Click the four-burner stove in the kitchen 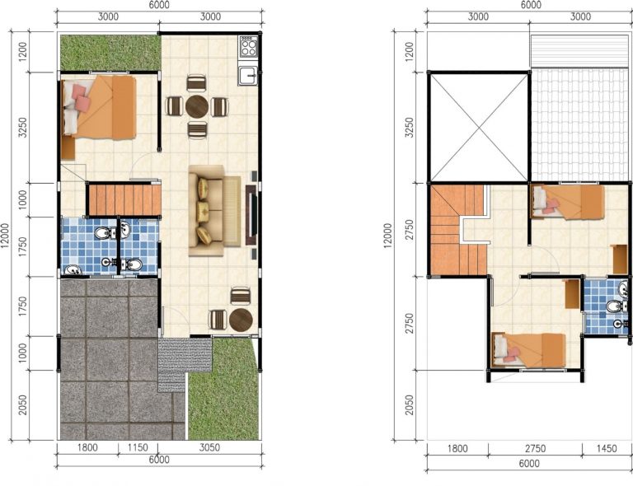[248, 46]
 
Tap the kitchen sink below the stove [248, 76]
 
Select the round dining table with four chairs [197, 106]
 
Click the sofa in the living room [214, 211]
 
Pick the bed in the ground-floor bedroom [99, 108]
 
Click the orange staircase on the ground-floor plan [124, 199]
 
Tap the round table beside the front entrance [241, 320]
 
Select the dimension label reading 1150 [138, 447]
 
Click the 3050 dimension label [209, 447]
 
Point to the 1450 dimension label [607, 448]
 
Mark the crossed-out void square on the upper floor [479, 127]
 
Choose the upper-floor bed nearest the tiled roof [568, 201]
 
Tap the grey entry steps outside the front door [180, 362]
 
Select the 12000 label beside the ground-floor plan [5, 236]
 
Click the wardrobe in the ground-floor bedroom [68, 148]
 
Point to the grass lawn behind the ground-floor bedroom [110, 53]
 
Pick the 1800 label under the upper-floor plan [457, 448]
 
